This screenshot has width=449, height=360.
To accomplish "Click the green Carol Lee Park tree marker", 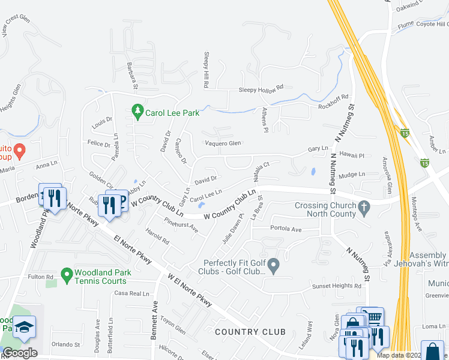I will coord(137,111).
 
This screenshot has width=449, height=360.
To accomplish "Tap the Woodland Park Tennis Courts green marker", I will coord(67,275).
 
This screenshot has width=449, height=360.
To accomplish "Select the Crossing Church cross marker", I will coord(363,209).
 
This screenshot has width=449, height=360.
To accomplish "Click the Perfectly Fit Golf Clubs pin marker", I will coord(274,265).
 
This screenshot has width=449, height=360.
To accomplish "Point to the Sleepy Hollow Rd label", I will coord(261,88).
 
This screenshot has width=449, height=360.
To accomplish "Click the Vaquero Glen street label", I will coord(223,143).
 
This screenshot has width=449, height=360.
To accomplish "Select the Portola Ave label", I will coord(286,229).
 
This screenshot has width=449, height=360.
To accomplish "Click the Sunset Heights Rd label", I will coord(336,287).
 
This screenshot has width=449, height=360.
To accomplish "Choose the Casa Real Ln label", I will coord(131,293).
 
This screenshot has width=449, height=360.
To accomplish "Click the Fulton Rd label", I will coord(41,277).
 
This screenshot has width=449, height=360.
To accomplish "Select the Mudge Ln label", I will coord(352,174).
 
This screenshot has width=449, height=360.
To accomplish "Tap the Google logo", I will coord(20,352).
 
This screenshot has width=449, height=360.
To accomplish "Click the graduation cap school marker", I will coord(25,327).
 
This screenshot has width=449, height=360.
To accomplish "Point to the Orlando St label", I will coord(65,344).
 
